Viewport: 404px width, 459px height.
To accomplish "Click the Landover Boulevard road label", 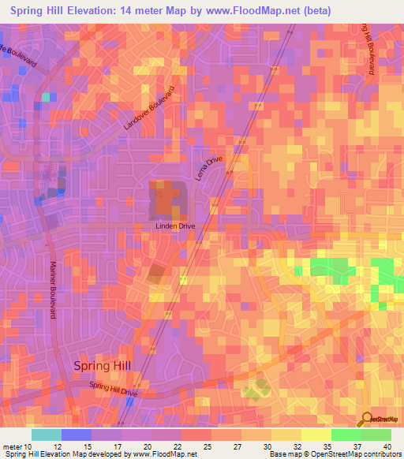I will pos(148,108).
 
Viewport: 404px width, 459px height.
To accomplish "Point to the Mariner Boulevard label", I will pos(54,289).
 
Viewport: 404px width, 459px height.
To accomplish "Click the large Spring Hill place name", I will pos(103,365).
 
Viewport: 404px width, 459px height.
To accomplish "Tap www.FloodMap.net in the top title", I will pos(246,10).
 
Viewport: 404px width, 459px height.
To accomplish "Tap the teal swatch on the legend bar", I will pos(46,435).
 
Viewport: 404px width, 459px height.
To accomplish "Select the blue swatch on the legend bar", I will pos(76,435).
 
